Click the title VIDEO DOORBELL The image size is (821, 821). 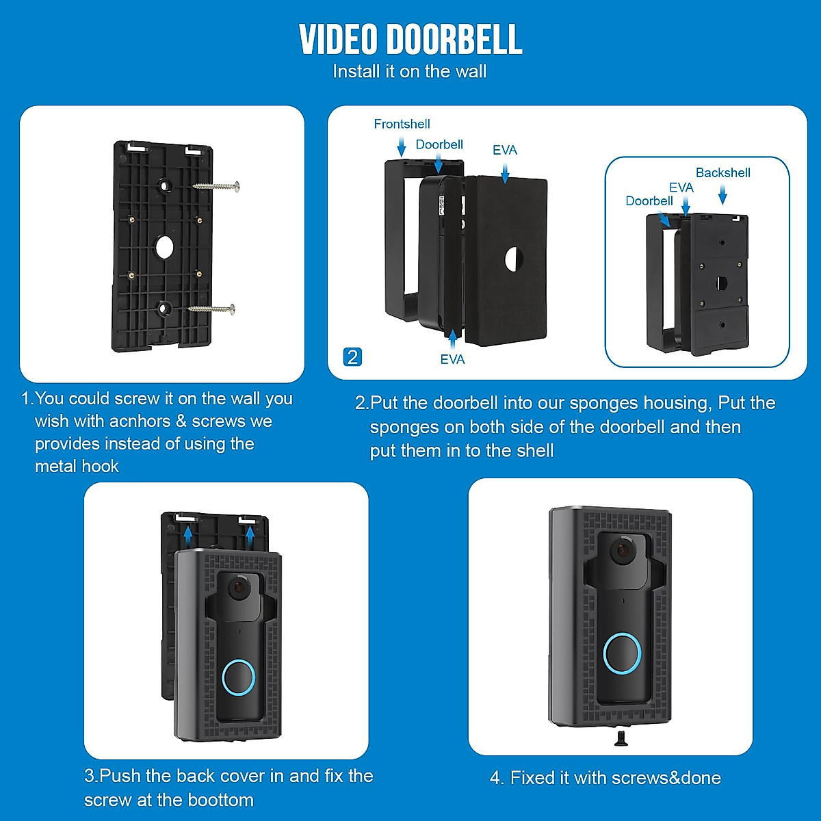[410, 40]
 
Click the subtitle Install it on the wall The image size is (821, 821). [409, 71]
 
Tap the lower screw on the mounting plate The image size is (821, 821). [212, 309]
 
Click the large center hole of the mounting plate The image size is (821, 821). [165, 247]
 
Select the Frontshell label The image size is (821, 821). [402, 124]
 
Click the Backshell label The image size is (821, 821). [722, 172]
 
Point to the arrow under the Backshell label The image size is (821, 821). [722, 196]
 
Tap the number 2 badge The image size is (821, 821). [352, 357]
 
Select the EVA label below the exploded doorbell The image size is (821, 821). [452, 359]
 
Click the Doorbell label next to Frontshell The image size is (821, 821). [439, 144]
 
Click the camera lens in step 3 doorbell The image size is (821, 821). [239, 588]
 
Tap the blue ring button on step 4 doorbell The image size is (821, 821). [622, 653]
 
